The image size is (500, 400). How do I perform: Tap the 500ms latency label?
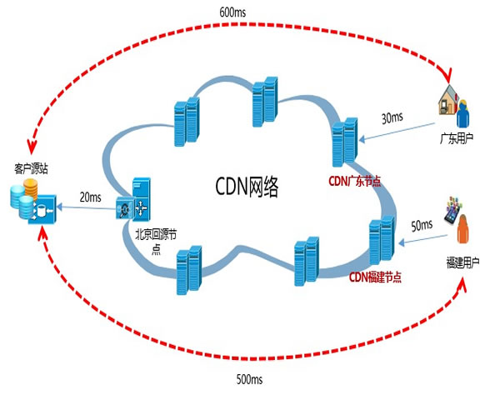coord(249,380)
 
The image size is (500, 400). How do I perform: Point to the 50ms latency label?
coord(422,225)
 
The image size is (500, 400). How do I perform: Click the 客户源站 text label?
coord(32,169)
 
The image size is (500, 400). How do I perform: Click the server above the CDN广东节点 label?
coord(345,145)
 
